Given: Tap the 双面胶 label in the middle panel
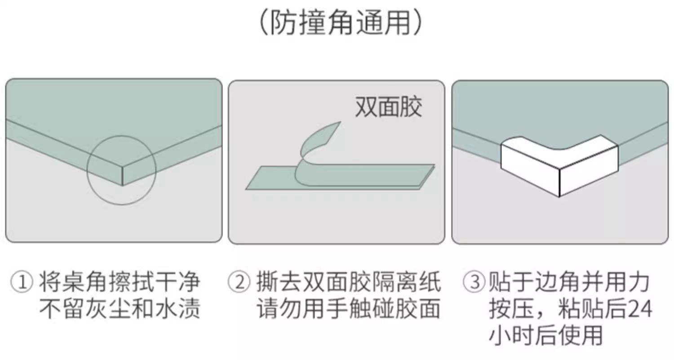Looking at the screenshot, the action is pos(389,107).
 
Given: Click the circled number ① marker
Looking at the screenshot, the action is pos(22,282).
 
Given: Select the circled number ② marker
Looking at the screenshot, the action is pos(239,282).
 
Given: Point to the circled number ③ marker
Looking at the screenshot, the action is pos(474,282).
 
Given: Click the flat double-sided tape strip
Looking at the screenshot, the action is pos(340,177).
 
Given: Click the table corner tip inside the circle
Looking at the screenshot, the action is pos(122,186).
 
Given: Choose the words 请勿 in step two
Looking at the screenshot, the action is pos(279,309).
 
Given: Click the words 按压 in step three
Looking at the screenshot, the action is pos(511,309).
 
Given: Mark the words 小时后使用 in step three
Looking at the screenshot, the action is pos(546,335).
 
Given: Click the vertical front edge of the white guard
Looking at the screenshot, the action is pos(559,182).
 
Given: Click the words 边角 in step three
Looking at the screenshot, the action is pos(558,282).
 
